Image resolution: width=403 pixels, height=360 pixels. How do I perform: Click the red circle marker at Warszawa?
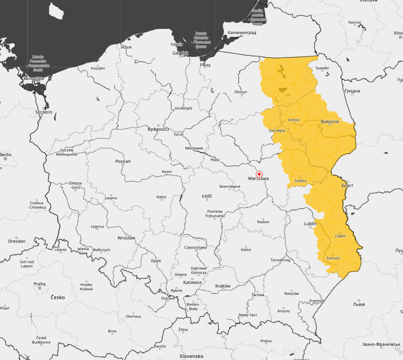click(259, 174)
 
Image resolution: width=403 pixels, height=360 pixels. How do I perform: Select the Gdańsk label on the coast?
click(180, 53)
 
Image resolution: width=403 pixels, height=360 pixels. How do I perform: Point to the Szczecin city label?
click(44, 112)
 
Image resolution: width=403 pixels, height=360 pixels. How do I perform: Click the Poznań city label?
click(123, 161)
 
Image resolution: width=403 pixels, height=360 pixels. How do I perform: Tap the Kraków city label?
click(223, 286)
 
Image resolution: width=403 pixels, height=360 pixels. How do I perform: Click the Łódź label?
click(207, 196)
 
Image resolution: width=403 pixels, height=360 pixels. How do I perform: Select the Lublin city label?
click(310, 223)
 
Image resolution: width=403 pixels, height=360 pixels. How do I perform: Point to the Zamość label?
click(333, 258)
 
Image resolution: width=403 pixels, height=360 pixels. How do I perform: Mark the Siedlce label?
click(301, 181)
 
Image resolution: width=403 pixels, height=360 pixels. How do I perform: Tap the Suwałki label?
click(322, 68)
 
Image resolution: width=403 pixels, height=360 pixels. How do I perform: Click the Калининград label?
click(241, 33)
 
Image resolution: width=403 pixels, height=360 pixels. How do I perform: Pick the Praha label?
click(39, 284)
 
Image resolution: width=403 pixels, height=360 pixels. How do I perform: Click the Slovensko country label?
click(191, 356)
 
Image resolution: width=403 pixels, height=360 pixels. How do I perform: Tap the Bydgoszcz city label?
click(158, 129)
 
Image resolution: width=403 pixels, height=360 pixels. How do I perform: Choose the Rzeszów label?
click(291, 294)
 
